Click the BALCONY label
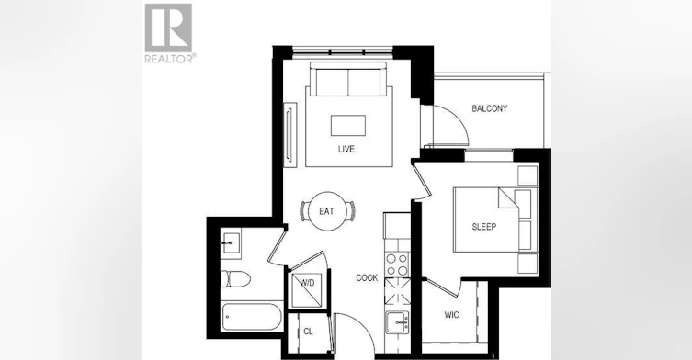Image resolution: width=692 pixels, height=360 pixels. pos(490,108)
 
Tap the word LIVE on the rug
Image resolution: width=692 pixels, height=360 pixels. pos(346,149)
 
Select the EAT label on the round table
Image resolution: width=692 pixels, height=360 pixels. pos(326,211)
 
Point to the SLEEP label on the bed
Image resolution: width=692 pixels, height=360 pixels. pos(484,227)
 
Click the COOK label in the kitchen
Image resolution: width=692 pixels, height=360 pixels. pos(367,278)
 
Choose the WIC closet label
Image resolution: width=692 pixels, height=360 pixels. pos(451,315)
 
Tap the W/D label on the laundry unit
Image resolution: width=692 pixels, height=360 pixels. pos(308,283)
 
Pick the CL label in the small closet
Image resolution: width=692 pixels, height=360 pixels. pos(308,332)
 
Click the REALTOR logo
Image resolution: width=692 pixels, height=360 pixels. pos(170,34)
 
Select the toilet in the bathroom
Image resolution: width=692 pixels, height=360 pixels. pos(235,278)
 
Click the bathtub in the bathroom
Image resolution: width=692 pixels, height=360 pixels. pos(252,316)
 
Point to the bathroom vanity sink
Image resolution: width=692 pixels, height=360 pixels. pos(231,243)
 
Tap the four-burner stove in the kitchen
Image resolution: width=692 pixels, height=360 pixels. pos(397,264)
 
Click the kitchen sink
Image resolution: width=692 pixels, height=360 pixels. pos(397,323)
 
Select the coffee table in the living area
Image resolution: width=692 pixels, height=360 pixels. pos(348,125)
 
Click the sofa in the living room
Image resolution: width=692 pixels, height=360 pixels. pos(348,79)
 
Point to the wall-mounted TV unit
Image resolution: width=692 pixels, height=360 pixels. pos(290,135)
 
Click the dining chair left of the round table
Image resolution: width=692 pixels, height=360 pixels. pos(304,211)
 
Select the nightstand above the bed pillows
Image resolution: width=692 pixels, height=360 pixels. pos(528,175)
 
